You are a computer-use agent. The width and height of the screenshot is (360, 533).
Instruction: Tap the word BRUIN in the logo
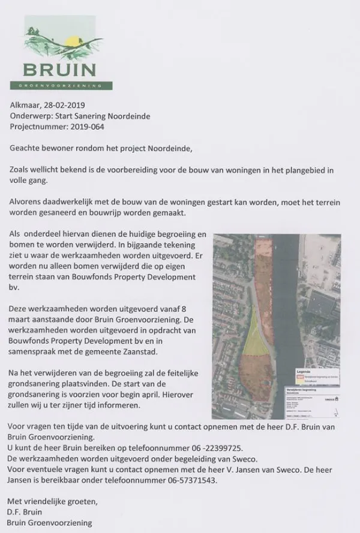coord(59,70)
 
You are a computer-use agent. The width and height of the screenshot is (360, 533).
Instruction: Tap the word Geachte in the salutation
coord(28,147)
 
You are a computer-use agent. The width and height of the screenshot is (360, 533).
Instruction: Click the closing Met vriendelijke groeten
coord(52,500)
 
